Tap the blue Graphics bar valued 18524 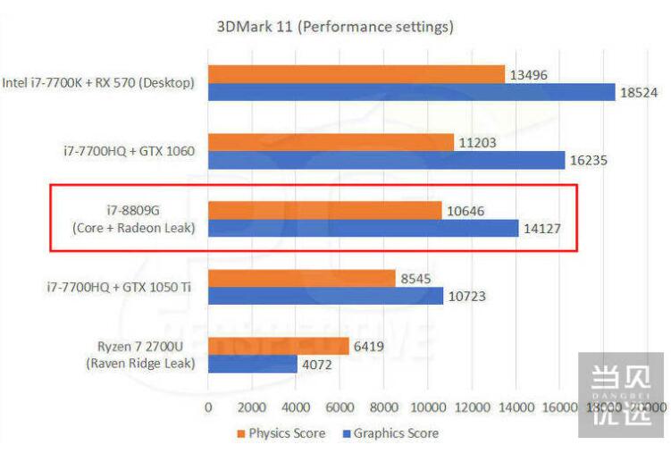pyautogui.click(x=411, y=92)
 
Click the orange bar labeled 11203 pyautogui.click(x=331, y=142)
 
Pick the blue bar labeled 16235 pyautogui.click(x=386, y=160)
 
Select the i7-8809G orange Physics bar pyautogui.click(x=324, y=210)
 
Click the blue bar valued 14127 pyautogui.click(x=363, y=228)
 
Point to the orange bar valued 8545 pyautogui.click(x=301, y=278)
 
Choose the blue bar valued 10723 pyautogui.click(x=325, y=296)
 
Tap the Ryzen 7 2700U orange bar pyautogui.click(x=278, y=346)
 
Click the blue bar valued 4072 pyautogui.click(x=252, y=364)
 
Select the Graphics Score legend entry pyautogui.click(x=390, y=433)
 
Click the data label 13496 pyautogui.click(x=529, y=74)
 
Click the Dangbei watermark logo pyautogui.click(x=621, y=393)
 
